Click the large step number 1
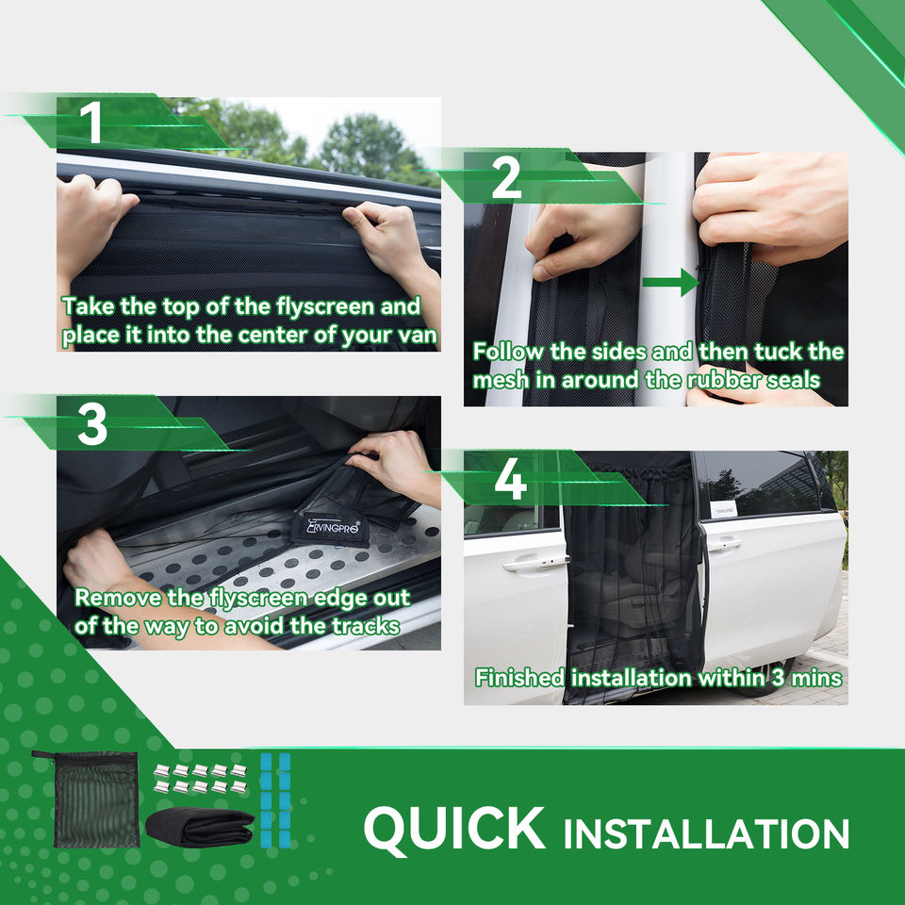(92, 123)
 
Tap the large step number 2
(506, 178)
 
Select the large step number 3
(92, 424)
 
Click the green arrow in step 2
(670, 282)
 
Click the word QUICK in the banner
(454, 830)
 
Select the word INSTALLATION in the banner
(706, 833)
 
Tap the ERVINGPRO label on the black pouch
(333, 526)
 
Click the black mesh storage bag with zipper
(94, 798)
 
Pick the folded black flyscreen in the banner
(200, 827)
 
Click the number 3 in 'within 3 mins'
(779, 678)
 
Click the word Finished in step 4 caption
(519, 678)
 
